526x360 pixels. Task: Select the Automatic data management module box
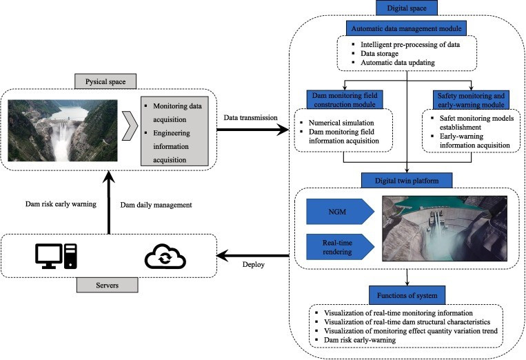[x=407, y=29]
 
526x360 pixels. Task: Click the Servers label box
[x=107, y=283]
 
